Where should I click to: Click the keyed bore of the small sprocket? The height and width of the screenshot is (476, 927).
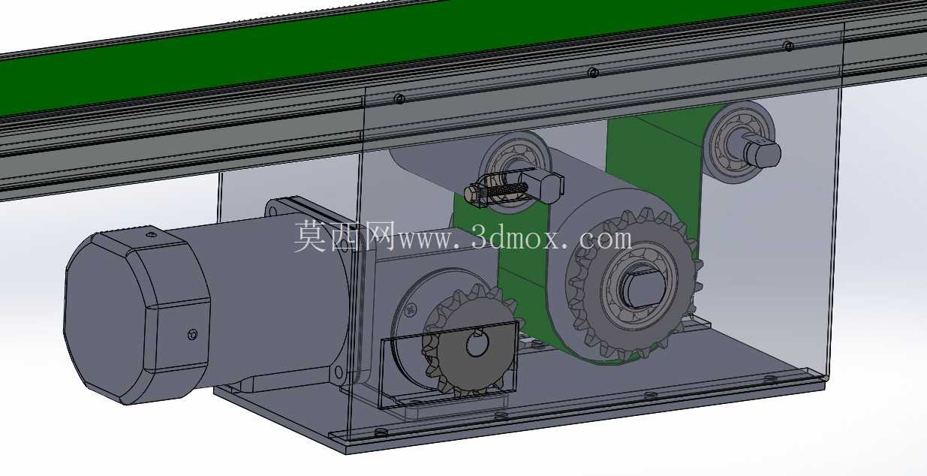point(477,344)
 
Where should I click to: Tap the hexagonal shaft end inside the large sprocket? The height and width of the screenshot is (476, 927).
point(643,288)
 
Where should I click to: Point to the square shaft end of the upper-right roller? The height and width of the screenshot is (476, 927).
point(763,152)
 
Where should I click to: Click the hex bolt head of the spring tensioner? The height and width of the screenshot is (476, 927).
point(472,192)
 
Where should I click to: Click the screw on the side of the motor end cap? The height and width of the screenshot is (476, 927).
point(192,334)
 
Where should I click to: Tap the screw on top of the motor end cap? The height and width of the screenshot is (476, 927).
point(152,235)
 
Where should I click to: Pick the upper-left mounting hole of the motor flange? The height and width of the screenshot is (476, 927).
point(272,212)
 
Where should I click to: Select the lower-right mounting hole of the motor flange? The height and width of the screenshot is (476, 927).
point(339,372)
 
